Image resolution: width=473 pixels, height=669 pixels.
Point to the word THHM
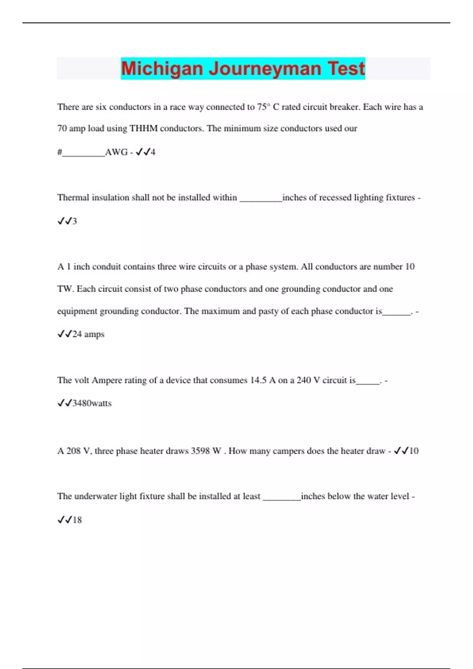click(143, 128)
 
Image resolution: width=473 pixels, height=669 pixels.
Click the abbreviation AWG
click(116, 152)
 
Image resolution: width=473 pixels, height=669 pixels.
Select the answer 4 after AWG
click(153, 152)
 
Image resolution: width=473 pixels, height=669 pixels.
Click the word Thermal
click(73, 198)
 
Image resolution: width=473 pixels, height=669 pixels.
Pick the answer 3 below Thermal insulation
click(74, 221)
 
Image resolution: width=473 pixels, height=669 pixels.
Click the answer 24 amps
click(88, 334)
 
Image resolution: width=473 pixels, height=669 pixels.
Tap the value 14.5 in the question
click(258, 380)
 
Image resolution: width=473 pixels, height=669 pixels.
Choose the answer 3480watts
click(92, 403)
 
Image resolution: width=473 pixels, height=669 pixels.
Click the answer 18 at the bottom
click(77, 520)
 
